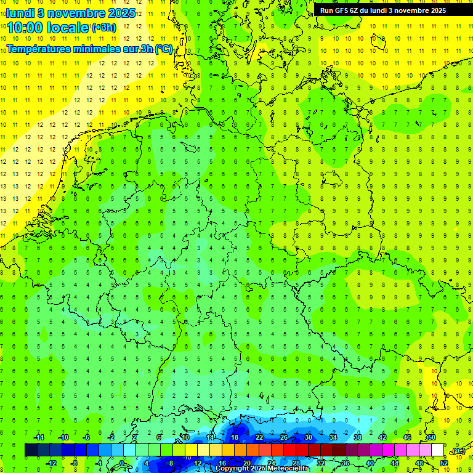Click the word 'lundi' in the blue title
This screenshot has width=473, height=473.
pos(21,13)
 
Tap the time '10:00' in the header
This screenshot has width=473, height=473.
pos(26,28)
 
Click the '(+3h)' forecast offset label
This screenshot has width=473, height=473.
pos(103,28)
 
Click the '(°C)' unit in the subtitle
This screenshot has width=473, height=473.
pos(164,49)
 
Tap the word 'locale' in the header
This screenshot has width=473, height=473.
pos(69,28)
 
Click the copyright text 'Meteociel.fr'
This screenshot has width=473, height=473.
pos(288,469)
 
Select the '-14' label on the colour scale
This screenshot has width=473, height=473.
pos(39,437)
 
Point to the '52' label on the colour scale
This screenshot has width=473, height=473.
pos(444,463)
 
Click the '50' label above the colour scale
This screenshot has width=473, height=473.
pos(432,437)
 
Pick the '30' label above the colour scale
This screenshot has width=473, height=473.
pos(309,437)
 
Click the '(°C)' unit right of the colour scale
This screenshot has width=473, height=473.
pos(458,451)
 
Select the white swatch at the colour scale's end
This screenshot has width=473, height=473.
pos(438,450)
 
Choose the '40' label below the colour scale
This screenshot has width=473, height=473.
pos(370,463)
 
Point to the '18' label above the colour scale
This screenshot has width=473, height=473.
pos(235,437)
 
